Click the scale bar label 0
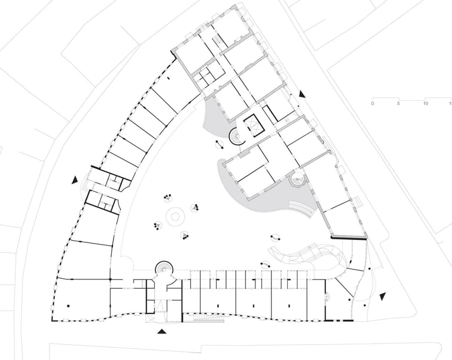pos(372,104)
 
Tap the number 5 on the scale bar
pos(398,104)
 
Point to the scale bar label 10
pos(425,104)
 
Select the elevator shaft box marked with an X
pos(255,124)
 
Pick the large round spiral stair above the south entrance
pos(165,269)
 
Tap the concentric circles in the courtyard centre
pos(174,217)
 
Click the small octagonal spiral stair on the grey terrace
pos(298,178)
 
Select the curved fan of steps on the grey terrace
pos(303,207)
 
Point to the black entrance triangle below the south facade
pos(162,332)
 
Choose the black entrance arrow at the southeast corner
pos(383,295)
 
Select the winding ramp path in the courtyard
pos(306,255)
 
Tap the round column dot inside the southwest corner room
pos(69,304)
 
